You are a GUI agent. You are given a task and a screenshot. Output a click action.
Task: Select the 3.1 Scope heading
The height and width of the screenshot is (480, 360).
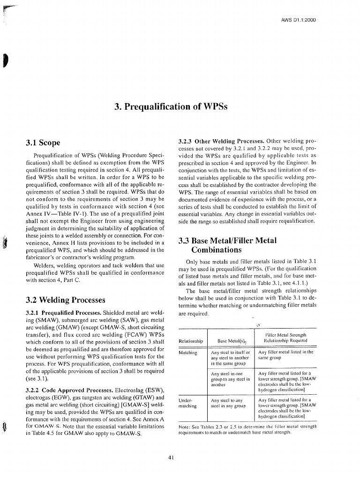[x=44, y=142]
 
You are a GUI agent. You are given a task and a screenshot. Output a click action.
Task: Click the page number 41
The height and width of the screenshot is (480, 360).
[x=172, y=458]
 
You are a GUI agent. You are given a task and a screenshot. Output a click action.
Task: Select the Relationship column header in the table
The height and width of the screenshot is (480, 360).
[x=191, y=341]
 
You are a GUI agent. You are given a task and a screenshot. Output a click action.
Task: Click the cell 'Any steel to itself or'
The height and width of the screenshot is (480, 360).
[x=231, y=352]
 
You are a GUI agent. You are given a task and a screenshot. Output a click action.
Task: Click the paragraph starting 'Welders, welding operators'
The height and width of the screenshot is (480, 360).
[x=94, y=273]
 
